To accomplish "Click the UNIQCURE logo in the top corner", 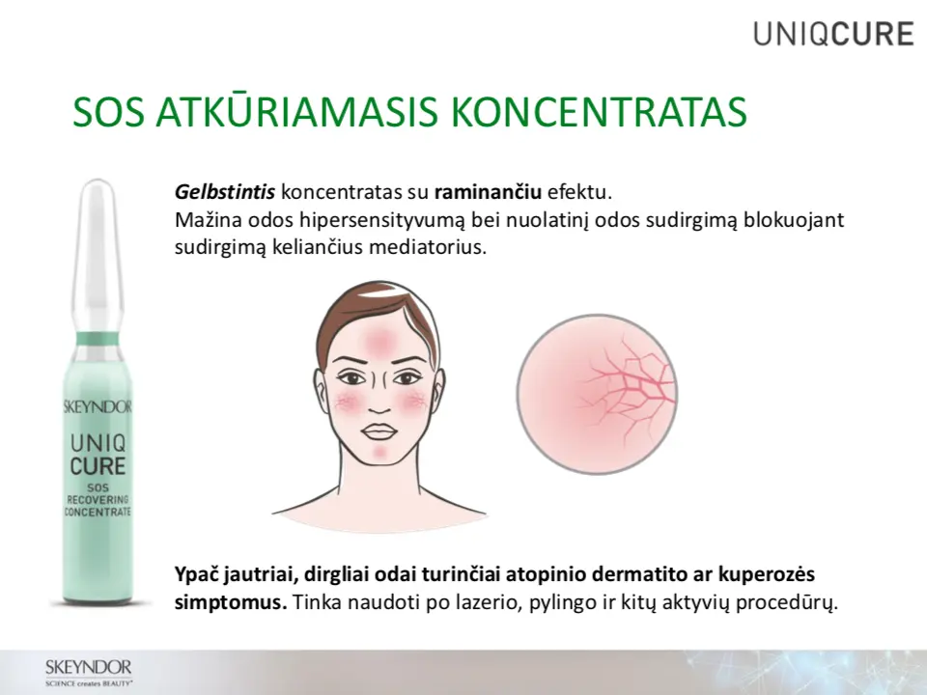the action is tap(834, 34).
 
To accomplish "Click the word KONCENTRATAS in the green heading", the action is tap(600, 111).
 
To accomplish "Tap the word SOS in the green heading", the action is tap(109, 111).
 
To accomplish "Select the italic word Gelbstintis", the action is tap(225, 193).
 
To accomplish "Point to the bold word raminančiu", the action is tap(488, 193).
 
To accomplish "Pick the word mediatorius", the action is tap(428, 247).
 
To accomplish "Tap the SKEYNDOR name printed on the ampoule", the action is tap(98, 406).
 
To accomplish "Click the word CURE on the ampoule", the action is tap(98, 465).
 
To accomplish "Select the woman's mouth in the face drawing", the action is tap(377, 431).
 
